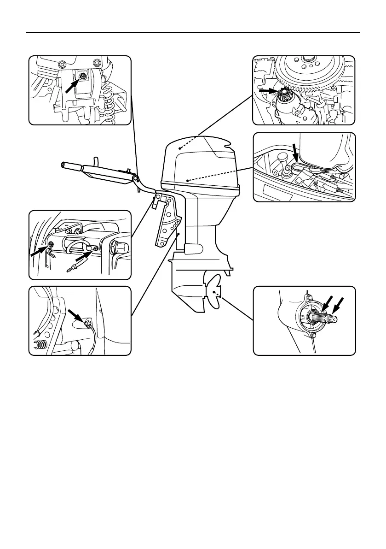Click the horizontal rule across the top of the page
[x=193, y=33]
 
